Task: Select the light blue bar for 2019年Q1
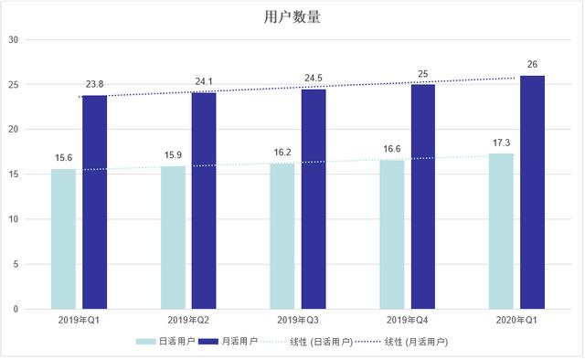(63, 239)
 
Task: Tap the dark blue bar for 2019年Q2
(203, 201)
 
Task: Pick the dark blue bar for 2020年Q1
(532, 193)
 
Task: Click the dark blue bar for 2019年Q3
(313, 199)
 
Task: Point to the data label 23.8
(94, 84)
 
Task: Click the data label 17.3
(501, 143)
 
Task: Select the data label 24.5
(314, 78)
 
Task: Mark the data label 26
(532, 64)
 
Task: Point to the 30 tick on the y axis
(13, 39)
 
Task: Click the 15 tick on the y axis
(13, 175)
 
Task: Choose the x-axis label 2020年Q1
(516, 321)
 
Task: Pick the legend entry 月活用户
(229, 341)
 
